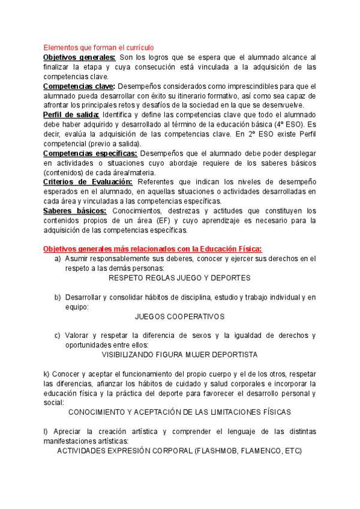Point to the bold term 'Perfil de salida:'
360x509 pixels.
pos(71,115)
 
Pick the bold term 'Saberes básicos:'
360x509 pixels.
pos(76,211)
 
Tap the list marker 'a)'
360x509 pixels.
pos(58,259)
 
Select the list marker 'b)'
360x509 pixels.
pos(58,297)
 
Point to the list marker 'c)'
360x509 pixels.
pos(58,336)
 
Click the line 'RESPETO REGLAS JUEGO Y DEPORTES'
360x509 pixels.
pos(179,278)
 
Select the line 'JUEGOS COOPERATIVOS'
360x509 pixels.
pos(179,316)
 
